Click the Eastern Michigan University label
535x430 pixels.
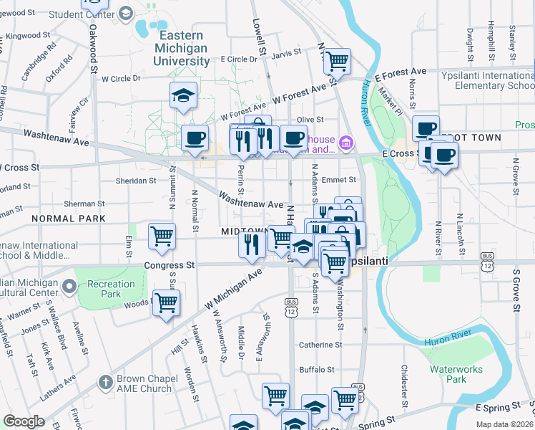click(182, 48)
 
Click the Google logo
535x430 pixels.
click(24, 421)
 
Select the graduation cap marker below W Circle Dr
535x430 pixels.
click(183, 96)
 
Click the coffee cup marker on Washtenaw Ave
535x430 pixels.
click(195, 138)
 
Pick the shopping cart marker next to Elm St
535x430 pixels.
click(162, 236)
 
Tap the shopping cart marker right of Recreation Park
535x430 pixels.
click(166, 304)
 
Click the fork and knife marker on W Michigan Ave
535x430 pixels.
click(252, 244)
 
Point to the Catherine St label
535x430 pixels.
click(316, 345)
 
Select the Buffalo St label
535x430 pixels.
click(317, 370)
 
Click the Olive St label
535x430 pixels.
click(310, 120)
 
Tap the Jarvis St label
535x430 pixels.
click(286, 53)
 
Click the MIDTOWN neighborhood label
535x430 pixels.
click(243, 231)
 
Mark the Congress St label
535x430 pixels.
click(170, 264)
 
